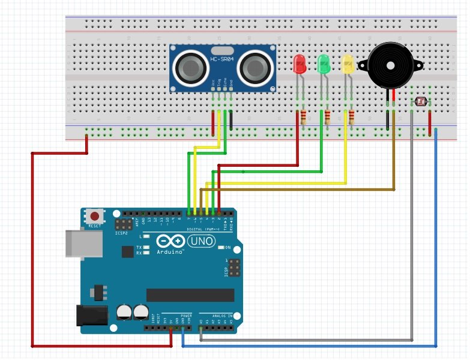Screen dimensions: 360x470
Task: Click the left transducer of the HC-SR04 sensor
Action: click(190, 68)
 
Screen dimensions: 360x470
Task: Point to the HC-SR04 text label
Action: click(221, 59)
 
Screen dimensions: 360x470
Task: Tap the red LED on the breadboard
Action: click(298, 64)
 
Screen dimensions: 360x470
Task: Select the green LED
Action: click(324, 64)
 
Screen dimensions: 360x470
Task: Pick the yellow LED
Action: click(347, 64)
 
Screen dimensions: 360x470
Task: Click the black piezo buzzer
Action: click(388, 64)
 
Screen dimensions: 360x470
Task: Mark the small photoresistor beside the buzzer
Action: click(421, 102)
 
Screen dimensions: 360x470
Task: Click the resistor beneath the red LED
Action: click(304, 117)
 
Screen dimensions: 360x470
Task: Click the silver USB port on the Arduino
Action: click(78, 243)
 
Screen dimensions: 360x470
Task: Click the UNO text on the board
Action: click(202, 241)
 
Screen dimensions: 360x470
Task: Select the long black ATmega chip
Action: click(190, 295)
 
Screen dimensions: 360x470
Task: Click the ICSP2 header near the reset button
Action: click(124, 225)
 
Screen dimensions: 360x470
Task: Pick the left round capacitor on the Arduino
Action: click(125, 311)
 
